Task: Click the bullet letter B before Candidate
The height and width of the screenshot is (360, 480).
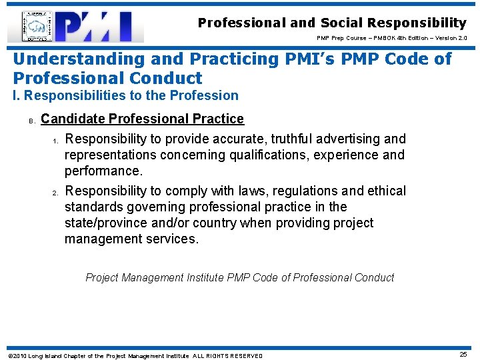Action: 31,121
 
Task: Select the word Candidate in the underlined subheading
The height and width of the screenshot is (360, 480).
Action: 73,119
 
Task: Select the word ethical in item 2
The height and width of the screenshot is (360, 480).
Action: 383,191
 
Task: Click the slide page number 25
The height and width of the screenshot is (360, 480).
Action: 463,355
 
